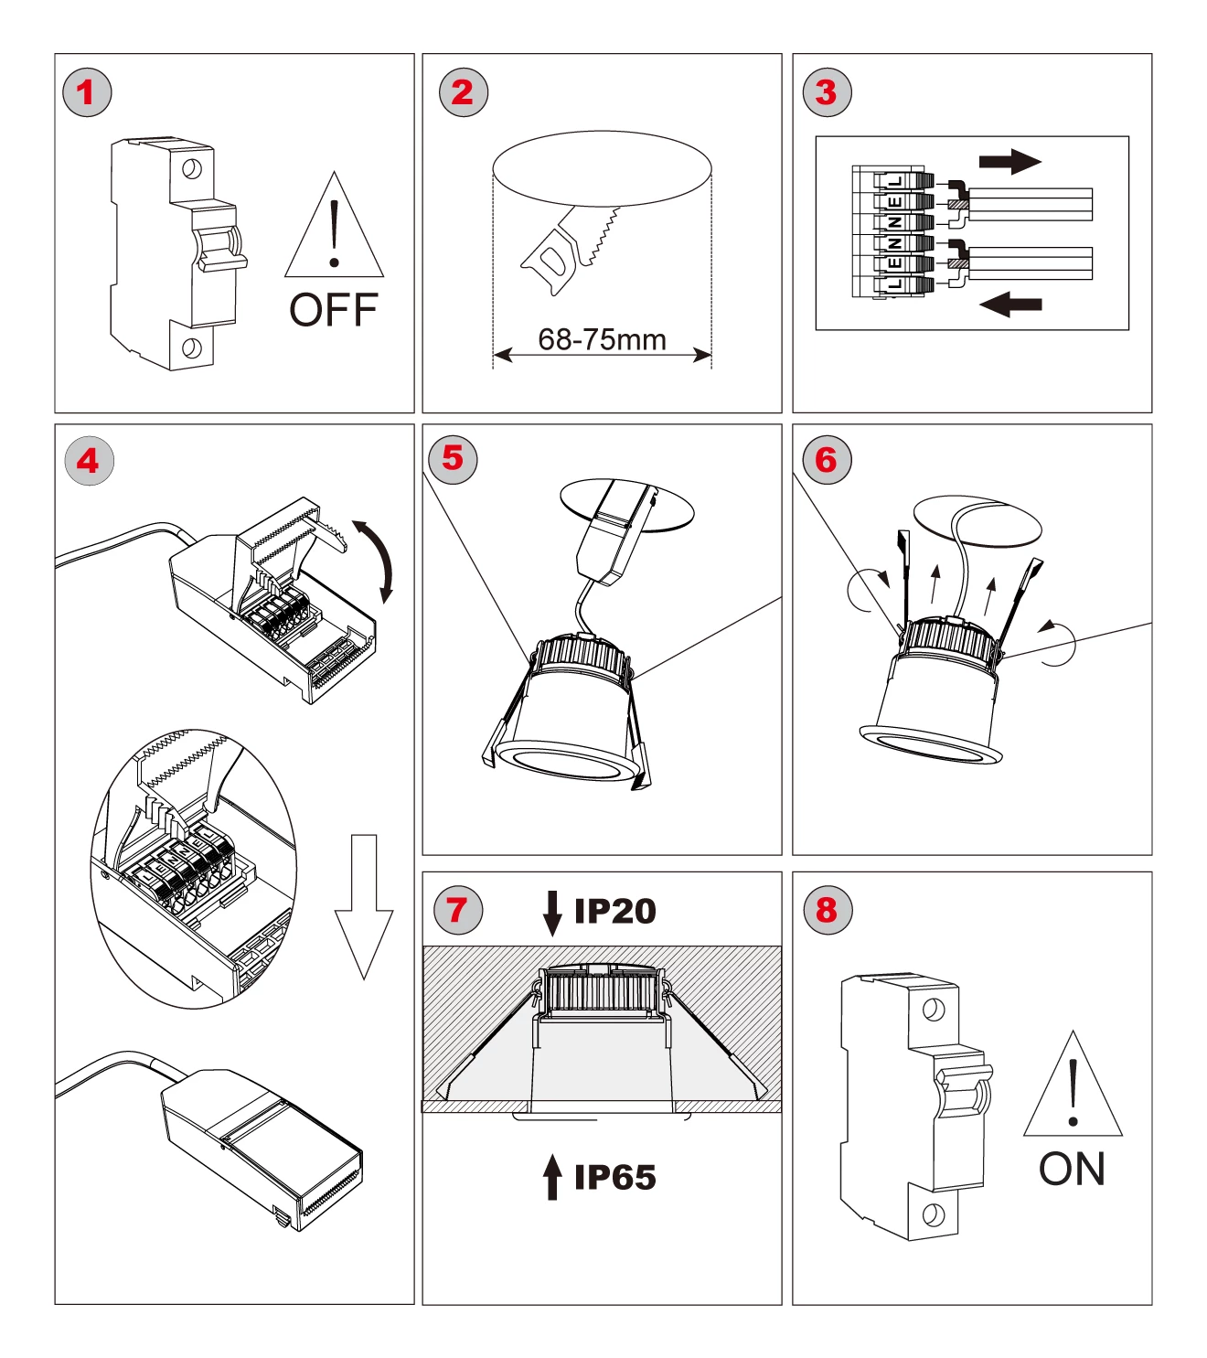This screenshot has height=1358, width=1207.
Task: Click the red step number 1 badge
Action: (x=87, y=92)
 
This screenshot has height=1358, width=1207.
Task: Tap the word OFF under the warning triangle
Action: (x=334, y=310)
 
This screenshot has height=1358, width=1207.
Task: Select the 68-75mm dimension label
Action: (x=602, y=339)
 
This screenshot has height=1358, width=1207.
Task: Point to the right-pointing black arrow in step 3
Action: (x=1009, y=162)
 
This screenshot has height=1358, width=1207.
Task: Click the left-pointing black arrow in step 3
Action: (x=1010, y=304)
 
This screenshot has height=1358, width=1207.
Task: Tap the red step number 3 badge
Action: (x=827, y=92)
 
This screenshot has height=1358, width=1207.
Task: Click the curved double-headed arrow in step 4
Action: (x=377, y=559)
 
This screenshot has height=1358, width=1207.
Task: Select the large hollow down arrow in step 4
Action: (x=364, y=905)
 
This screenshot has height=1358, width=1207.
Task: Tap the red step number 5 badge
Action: (x=453, y=458)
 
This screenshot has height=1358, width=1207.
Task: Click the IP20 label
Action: (x=614, y=911)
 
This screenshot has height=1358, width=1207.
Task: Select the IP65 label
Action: (x=614, y=1178)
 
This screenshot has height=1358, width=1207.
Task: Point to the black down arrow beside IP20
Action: (x=552, y=913)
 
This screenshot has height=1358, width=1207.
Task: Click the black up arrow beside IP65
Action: (x=552, y=1176)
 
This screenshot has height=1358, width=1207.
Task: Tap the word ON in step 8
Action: (x=1072, y=1169)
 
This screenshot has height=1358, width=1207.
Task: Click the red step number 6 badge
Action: (x=827, y=460)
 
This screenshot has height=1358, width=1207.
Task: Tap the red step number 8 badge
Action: (x=827, y=910)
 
